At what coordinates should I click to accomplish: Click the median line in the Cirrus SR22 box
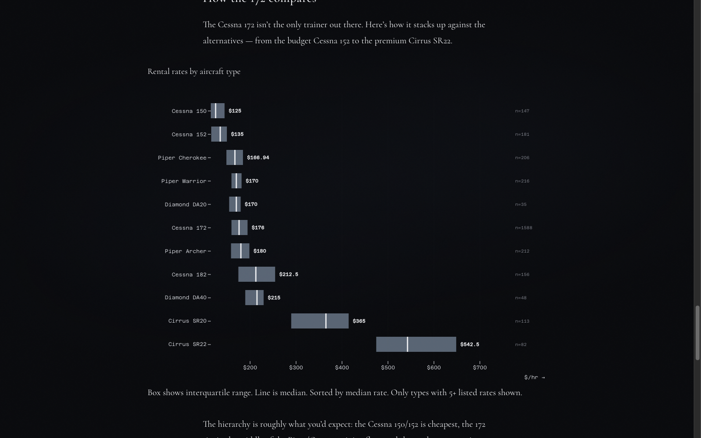(407, 344)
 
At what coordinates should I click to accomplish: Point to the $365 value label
(359, 321)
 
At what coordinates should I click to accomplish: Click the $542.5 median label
(469, 345)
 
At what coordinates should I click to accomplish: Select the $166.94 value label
(258, 158)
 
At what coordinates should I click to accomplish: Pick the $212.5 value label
(289, 274)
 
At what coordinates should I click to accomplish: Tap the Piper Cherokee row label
(182, 158)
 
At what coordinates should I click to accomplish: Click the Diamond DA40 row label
(185, 297)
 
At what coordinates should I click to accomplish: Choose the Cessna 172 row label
(189, 228)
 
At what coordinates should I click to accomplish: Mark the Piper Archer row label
(185, 251)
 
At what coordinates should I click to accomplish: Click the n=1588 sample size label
(523, 228)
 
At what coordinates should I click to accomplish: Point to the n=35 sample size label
(520, 204)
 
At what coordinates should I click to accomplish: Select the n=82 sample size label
(520, 345)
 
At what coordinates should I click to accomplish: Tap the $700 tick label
(480, 367)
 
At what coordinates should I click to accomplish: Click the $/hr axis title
(534, 377)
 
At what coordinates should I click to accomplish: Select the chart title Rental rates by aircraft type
(194, 72)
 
